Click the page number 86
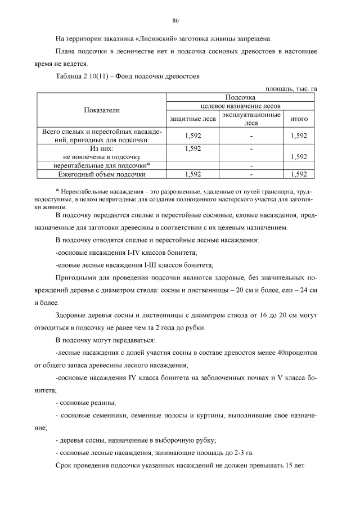[175, 21]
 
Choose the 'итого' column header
[299, 119]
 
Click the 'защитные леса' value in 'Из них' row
[193, 148]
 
